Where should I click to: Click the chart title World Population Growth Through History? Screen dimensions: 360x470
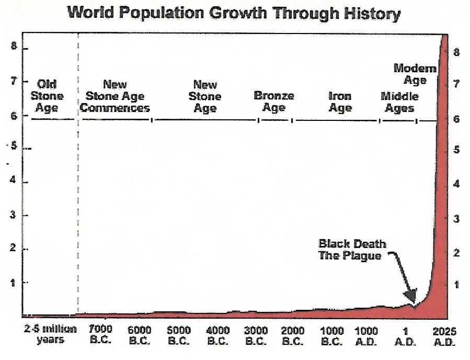[x=234, y=13]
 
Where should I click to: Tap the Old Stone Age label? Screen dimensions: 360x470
[x=47, y=96]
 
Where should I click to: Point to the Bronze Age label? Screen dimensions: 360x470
[x=274, y=102]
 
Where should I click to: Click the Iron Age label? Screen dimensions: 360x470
[x=340, y=102]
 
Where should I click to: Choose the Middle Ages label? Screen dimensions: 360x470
[x=399, y=102]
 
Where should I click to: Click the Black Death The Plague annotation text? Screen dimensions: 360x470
[x=352, y=250]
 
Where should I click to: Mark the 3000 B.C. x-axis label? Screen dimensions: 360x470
[x=257, y=336]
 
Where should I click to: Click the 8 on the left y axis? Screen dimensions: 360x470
[x=15, y=47]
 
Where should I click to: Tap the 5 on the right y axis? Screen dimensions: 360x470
[x=456, y=150]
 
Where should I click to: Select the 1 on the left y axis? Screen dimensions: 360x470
[x=15, y=283]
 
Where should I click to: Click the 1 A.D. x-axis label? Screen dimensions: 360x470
[x=405, y=336]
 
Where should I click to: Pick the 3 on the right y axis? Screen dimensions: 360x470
[x=456, y=218]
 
